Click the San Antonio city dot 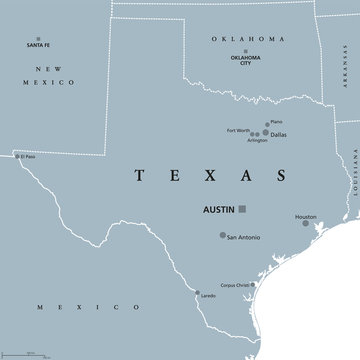[221, 237]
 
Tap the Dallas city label [281, 134]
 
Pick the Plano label [276, 121]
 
